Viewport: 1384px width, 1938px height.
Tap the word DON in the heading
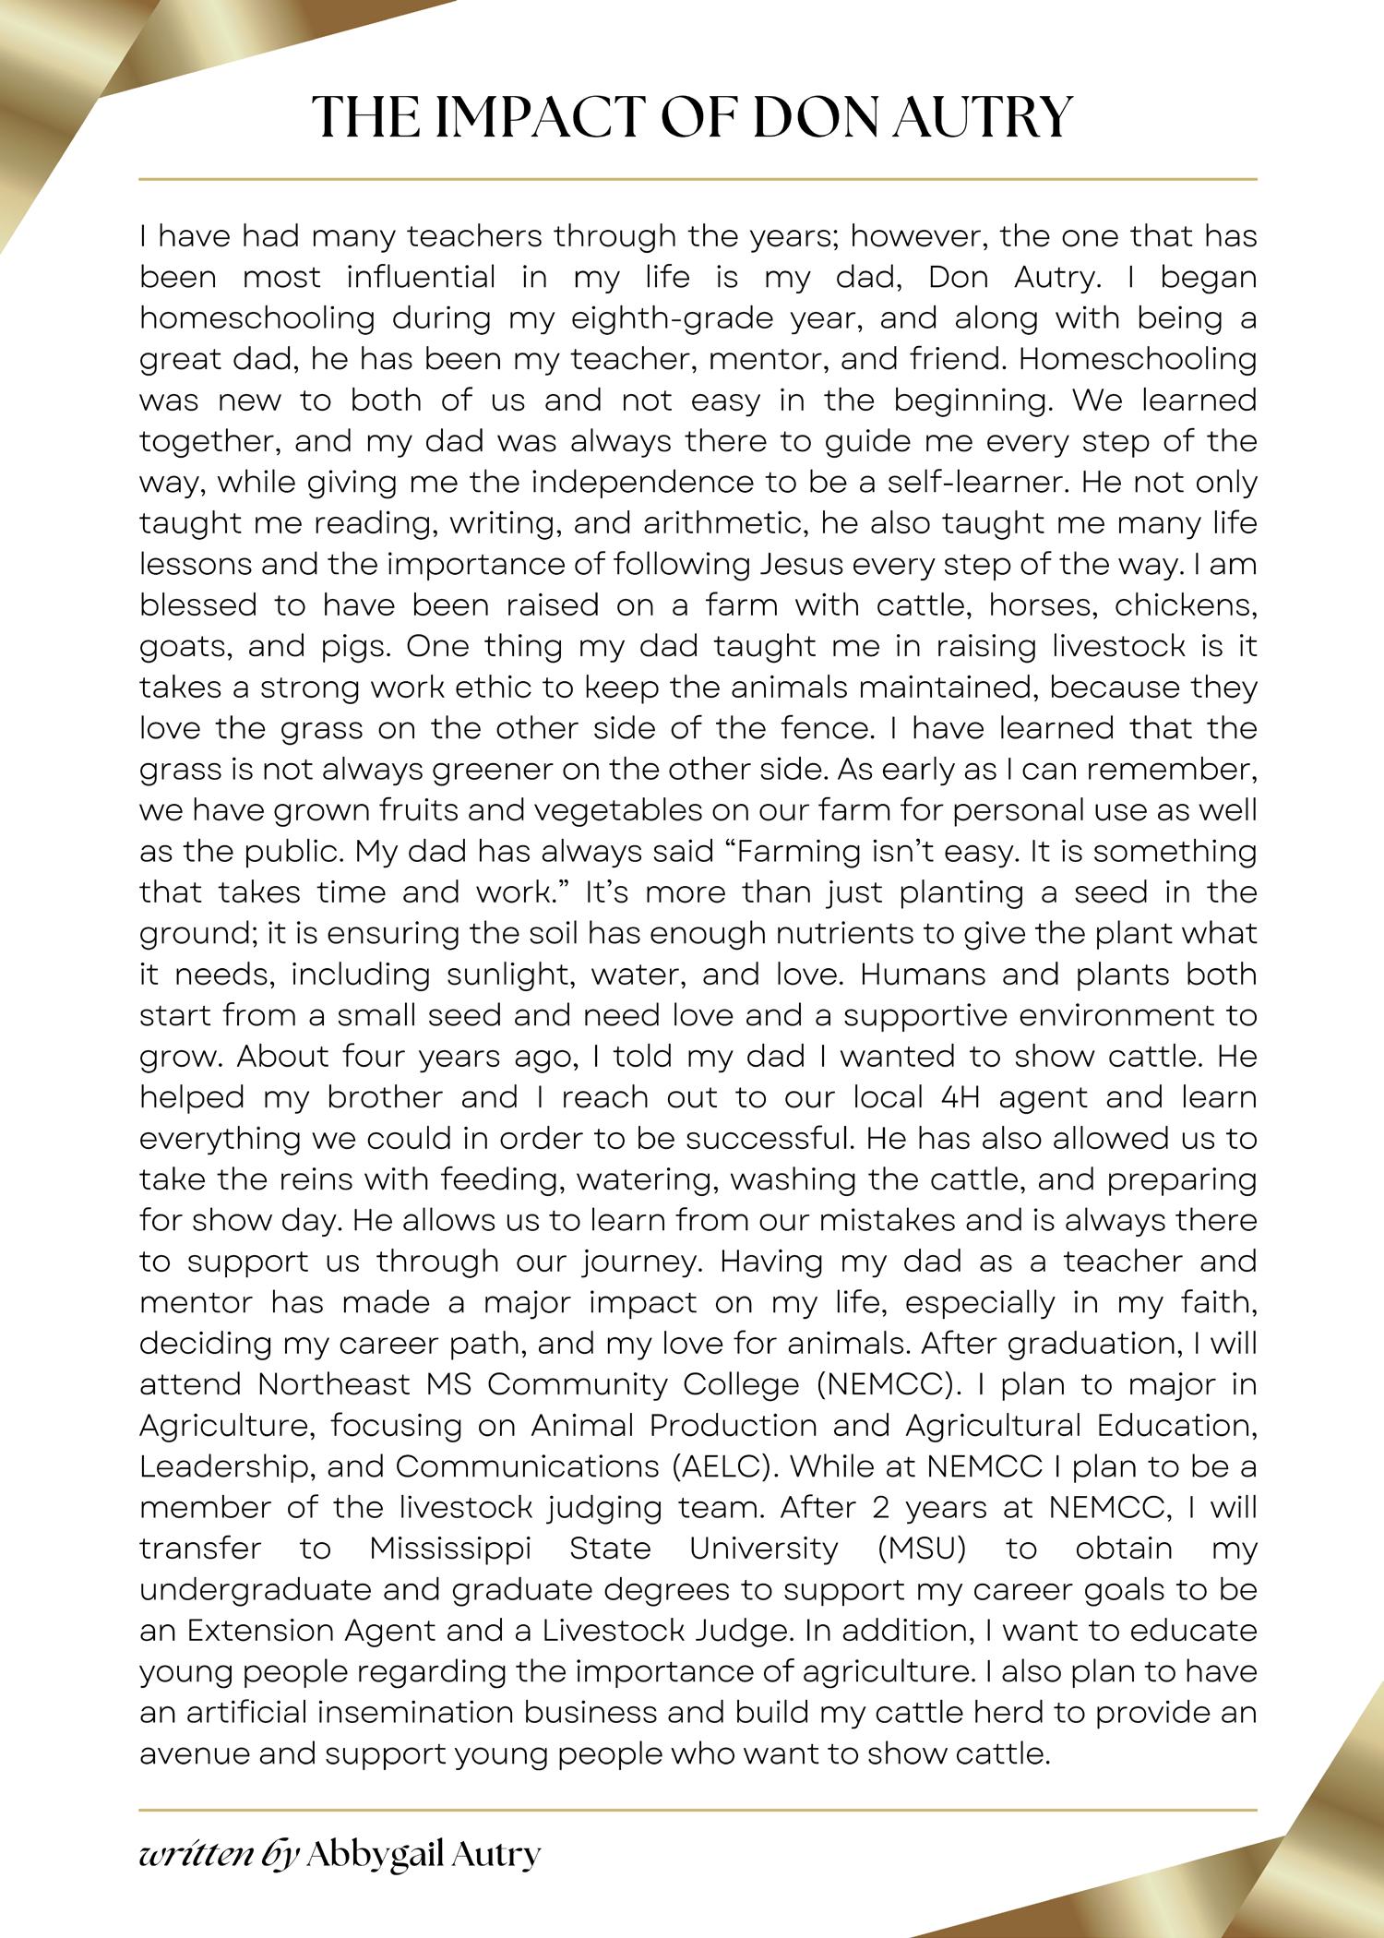[x=820, y=117]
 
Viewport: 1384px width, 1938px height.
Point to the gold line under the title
[x=698, y=178]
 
